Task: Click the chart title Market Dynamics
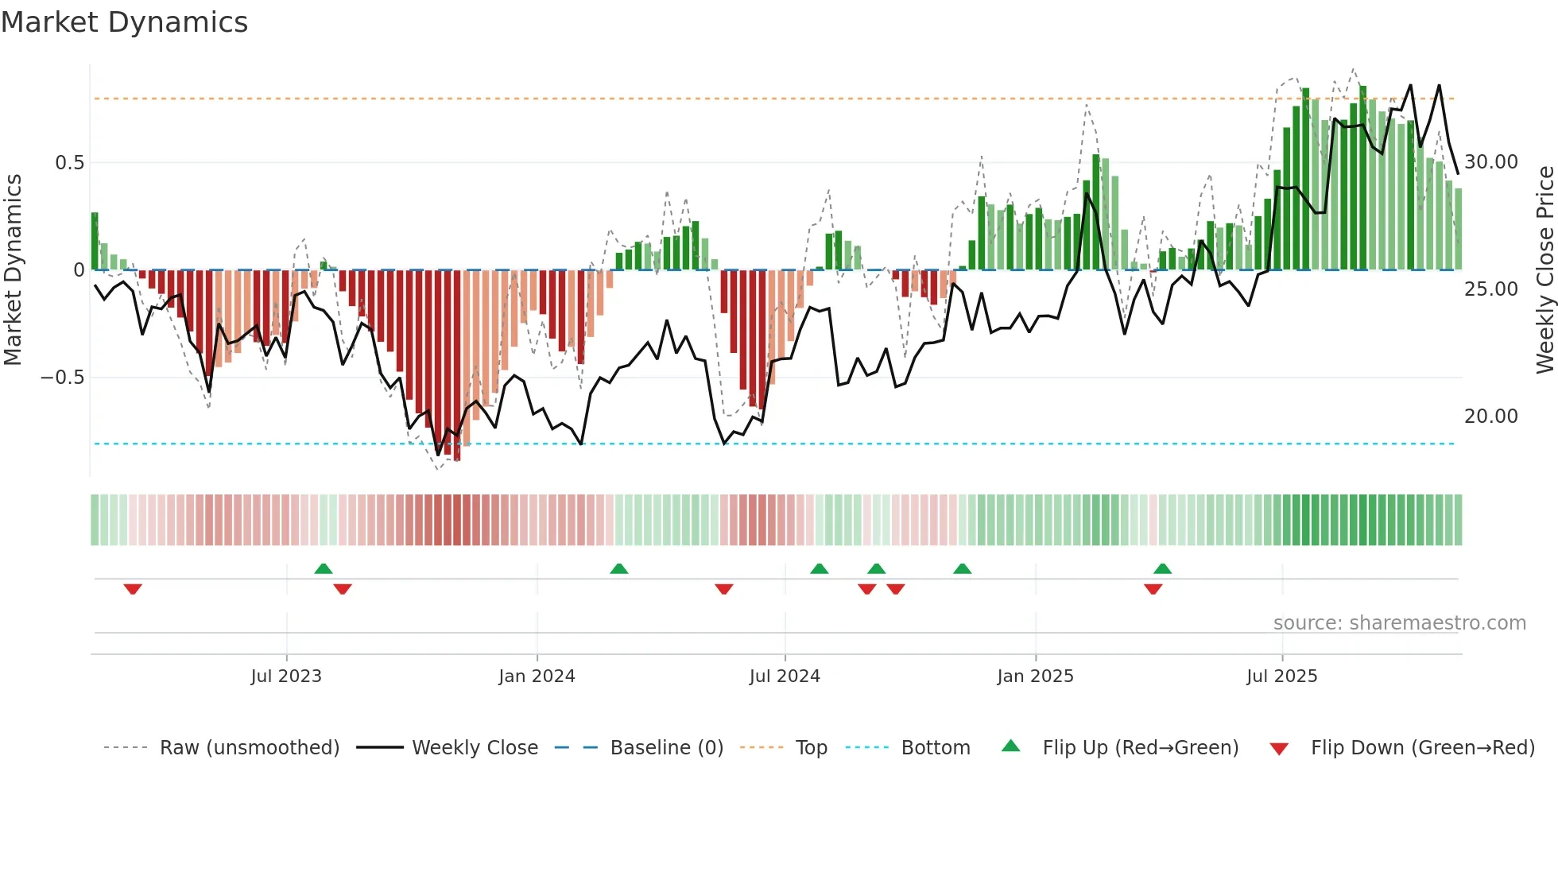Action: coord(125,22)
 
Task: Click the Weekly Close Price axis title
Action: coord(1544,269)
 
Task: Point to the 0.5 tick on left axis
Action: coord(69,163)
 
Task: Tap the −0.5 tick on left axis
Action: coord(63,378)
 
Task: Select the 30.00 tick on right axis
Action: coord(1490,162)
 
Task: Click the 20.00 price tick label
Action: coord(1490,417)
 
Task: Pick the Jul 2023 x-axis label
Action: coord(286,676)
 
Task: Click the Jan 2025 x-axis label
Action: coord(1035,676)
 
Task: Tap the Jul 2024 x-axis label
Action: coord(785,676)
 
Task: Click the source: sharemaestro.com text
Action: coord(1399,623)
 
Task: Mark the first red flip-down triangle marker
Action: coord(133,589)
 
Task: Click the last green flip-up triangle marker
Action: coord(1162,568)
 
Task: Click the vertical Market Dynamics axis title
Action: coord(13,269)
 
